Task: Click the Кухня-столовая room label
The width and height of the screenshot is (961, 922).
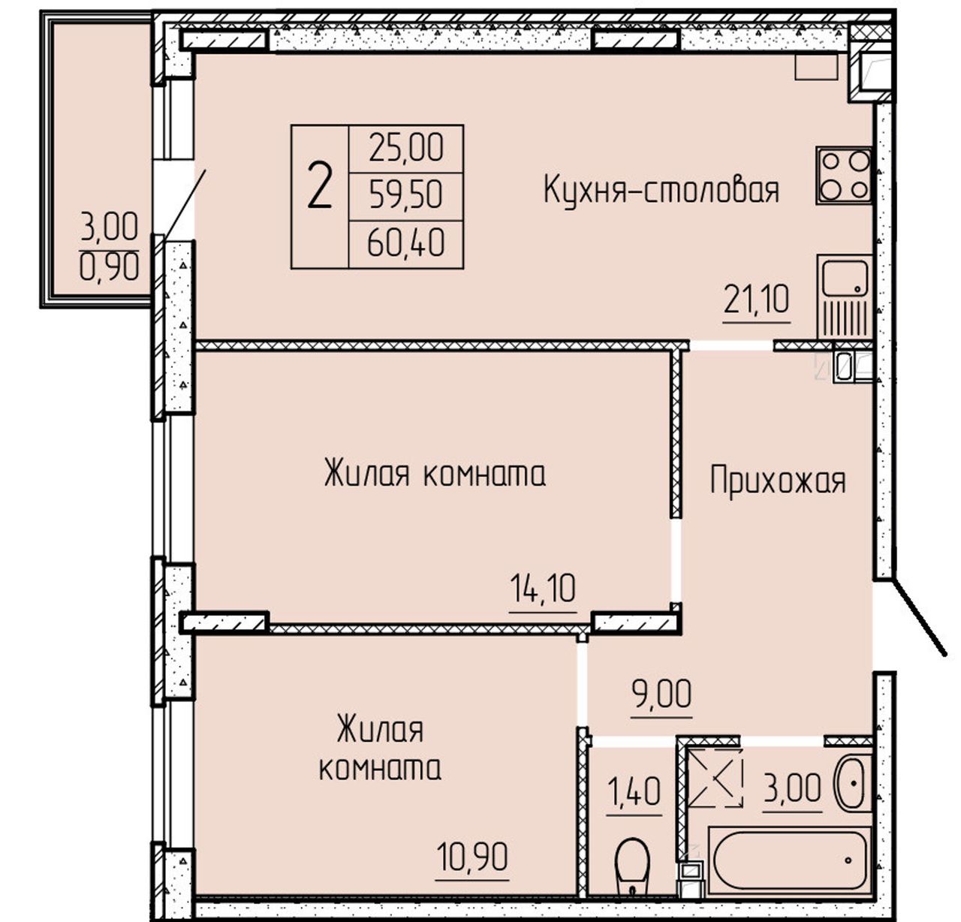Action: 661,191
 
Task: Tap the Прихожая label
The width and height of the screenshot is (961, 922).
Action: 778,481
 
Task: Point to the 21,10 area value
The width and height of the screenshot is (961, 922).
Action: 756,300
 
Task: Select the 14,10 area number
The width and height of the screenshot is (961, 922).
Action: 542,589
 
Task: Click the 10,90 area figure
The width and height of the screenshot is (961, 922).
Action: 471,857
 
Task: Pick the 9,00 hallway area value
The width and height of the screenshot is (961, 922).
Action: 661,694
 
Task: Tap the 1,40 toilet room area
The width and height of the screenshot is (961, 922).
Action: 634,791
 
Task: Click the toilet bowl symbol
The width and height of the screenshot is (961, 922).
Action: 632,866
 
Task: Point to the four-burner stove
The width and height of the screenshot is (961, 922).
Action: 843,175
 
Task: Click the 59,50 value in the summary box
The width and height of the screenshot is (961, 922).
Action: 406,195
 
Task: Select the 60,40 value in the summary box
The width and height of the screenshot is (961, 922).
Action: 406,243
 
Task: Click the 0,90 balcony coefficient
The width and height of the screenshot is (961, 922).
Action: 109,267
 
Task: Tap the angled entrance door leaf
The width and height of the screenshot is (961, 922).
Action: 920,618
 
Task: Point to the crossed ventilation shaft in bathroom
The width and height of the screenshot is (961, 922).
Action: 715,778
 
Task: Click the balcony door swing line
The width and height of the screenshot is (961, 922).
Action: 184,204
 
